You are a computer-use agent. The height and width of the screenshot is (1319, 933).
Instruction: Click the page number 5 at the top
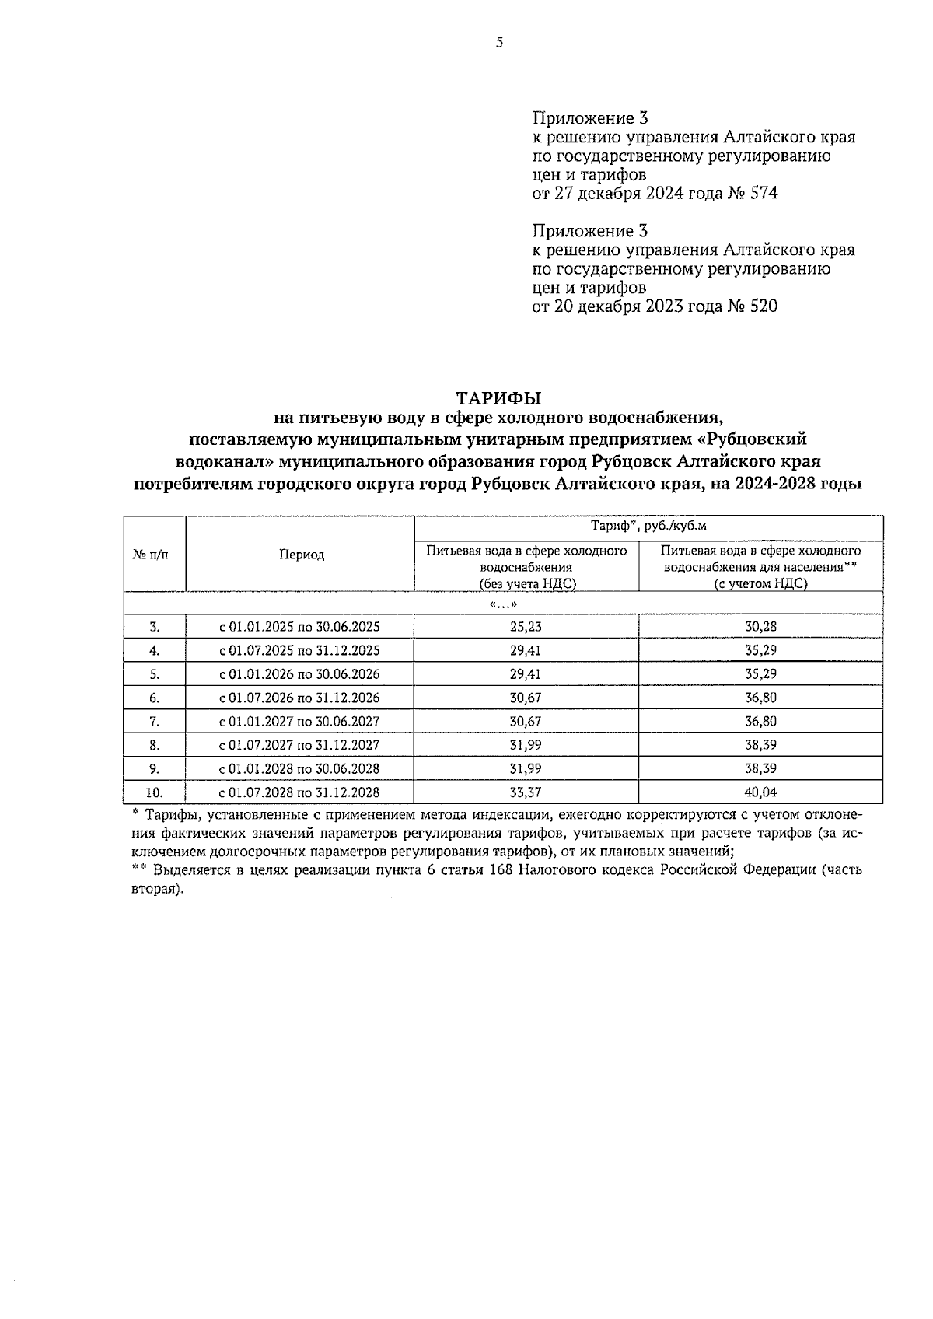pyautogui.click(x=499, y=44)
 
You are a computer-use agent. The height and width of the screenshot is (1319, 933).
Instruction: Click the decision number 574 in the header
pyautogui.click(x=764, y=194)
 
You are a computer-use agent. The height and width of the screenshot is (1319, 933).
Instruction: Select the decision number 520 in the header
pyautogui.click(x=764, y=306)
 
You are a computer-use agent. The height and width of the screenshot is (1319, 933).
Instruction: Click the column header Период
pyautogui.click(x=302, y=555)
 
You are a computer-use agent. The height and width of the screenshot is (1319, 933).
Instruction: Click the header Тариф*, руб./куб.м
pyautogui.click(x=648, y=527)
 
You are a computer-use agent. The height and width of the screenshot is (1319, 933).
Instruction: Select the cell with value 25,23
pyautogui.click(x=526, y=627)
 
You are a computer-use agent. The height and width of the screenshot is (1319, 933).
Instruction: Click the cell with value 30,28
pyautogui.click(x=760, y=627)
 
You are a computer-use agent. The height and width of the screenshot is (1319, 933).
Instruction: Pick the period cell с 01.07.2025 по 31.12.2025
pyautogui.click(x=299, y=650)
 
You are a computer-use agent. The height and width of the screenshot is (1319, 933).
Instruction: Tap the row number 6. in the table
pyautogui.click(x=154, y=698)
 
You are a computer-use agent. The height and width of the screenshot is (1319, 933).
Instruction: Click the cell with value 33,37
pyautogui.click(x=526, y=792)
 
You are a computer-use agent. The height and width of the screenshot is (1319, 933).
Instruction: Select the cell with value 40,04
pyautogui.click(x=760, y=792)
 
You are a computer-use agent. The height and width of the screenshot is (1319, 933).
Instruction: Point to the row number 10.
pyautogui.click(x=154, y=792)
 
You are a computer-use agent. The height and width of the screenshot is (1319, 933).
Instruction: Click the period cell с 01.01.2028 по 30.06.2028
pyautogui.click(x=299, y=769)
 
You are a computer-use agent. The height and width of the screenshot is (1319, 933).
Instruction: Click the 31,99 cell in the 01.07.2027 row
pyautogui.click(x=526, y=745)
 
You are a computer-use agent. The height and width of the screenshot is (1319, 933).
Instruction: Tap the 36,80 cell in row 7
pyautogui.click(x=760, y=722)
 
